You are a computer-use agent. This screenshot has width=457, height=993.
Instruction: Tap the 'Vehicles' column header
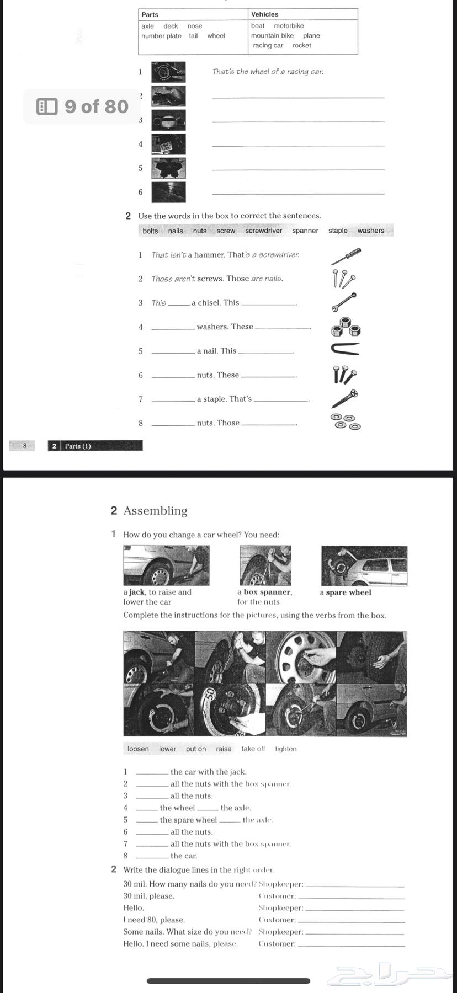point(264,14)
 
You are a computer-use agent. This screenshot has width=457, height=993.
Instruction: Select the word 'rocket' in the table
point(301,46)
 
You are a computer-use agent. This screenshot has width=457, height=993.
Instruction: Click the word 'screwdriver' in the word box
point(263,231)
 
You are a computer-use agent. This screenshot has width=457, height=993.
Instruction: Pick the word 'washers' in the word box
point(370,231)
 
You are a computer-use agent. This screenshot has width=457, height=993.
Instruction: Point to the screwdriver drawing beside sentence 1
point(346,256)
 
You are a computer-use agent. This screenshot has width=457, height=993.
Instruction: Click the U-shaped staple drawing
point(346,349)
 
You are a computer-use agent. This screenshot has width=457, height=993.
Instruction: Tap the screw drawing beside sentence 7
point(345,398)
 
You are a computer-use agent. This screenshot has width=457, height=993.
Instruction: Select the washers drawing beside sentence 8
point(346,422)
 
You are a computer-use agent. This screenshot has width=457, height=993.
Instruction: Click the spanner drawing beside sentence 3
point(344,302)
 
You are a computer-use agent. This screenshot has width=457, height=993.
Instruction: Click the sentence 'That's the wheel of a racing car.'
point(268,72)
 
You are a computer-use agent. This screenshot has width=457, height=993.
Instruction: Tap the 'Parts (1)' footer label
point(78,446)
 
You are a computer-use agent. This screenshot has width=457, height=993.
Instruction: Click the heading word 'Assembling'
point(155,511)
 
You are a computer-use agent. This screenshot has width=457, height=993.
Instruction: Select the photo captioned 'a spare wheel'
point(364,565)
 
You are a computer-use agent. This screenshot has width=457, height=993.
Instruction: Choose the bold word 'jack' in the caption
point(136,592)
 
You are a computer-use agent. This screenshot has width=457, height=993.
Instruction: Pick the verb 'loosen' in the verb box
point(138,749)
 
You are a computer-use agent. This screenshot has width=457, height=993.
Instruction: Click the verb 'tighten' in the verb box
point(286,749)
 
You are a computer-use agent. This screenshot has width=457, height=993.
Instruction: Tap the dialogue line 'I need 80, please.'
point(154,920)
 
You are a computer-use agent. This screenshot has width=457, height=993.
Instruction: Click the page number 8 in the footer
point(24,446)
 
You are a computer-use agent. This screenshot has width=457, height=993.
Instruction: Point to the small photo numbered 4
point(168,144)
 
